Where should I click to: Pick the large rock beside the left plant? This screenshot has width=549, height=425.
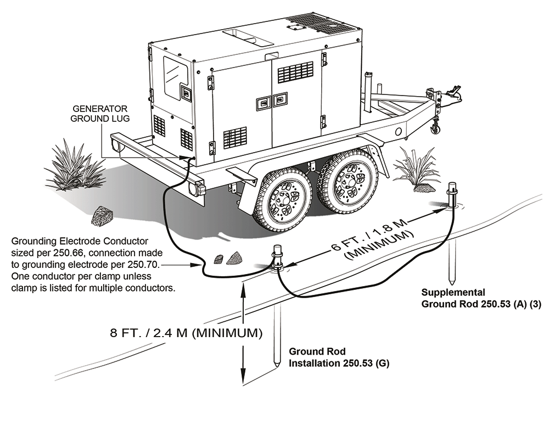tap(102, 216)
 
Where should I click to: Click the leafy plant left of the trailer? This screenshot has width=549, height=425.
tap(74, 165)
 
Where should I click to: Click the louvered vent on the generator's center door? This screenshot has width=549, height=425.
tap(295, 72)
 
